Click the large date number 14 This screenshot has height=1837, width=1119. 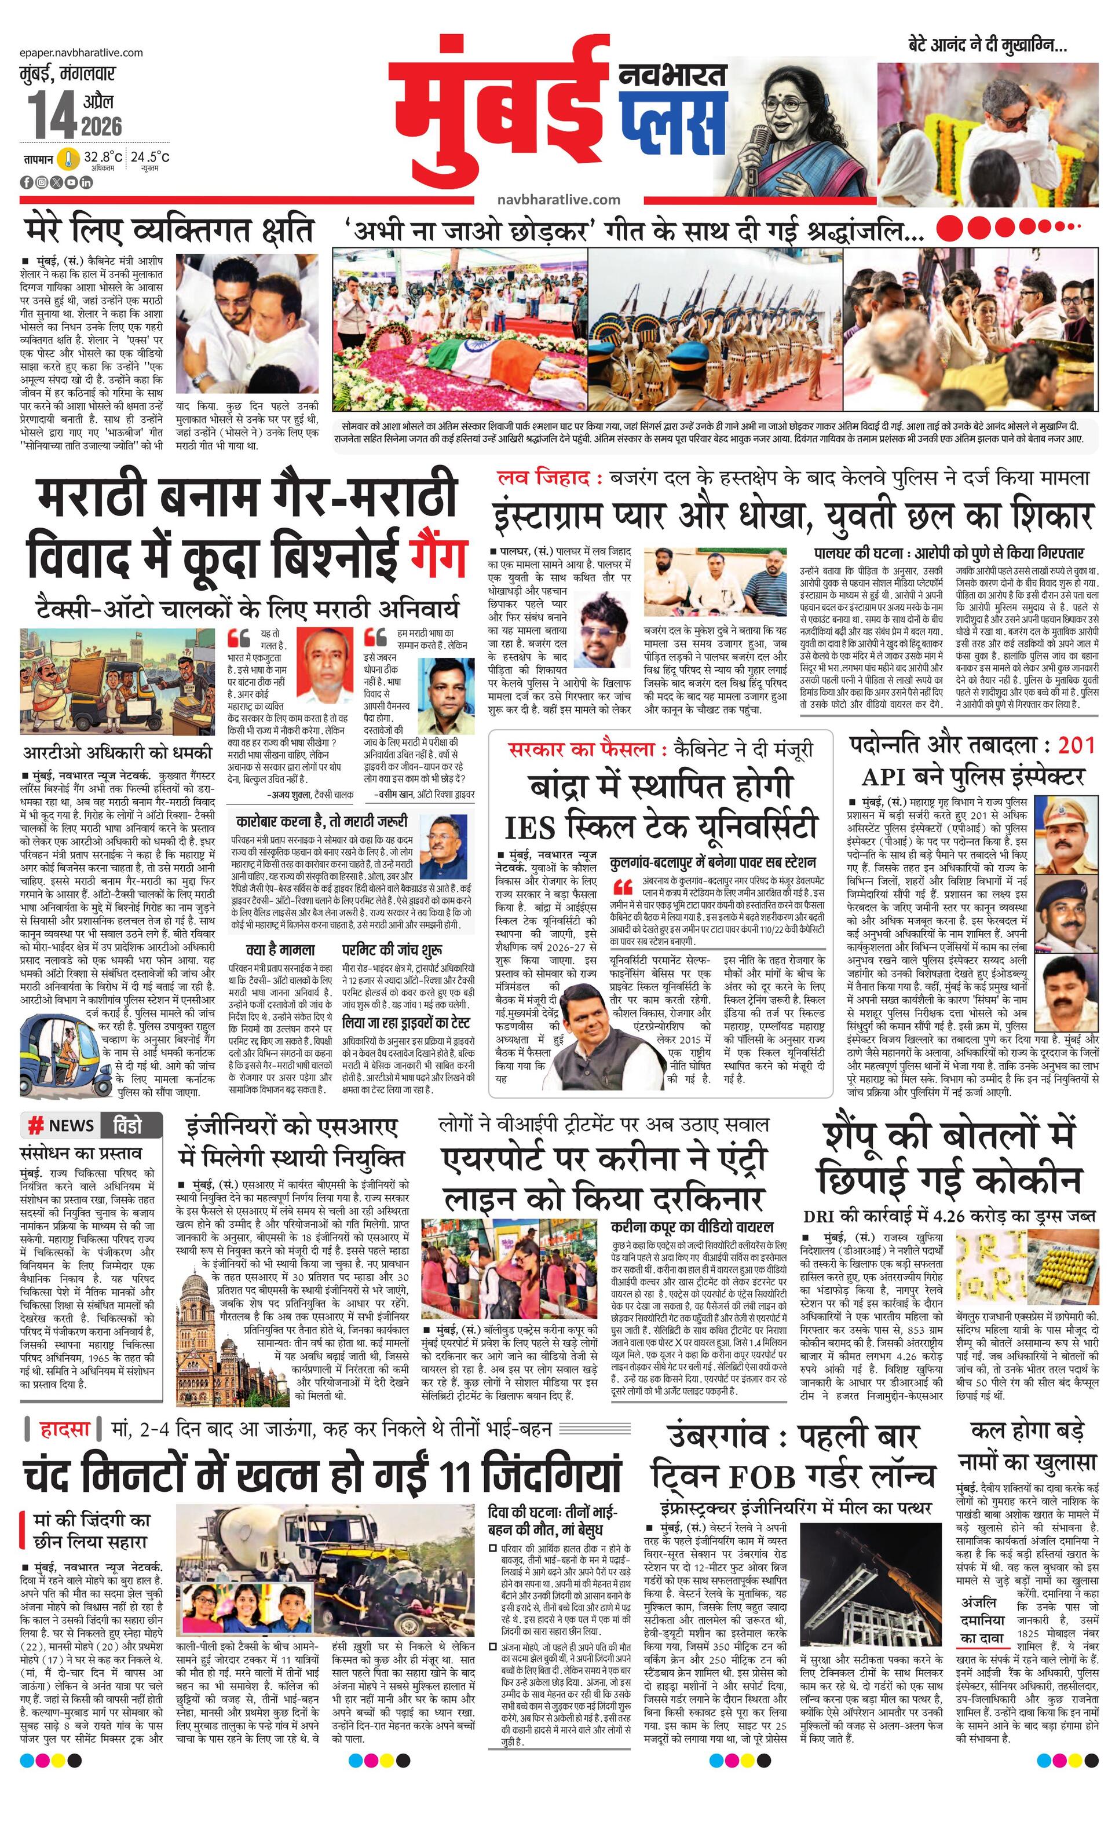pyautogui.click(x=52, y=116)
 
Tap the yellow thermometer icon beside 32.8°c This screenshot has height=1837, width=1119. pyautogui.click(x=68, y=159)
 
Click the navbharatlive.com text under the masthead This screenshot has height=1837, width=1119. pyautogui.click(x=558, y=200)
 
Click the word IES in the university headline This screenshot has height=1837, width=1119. pyautogui.click(x=531, y=827)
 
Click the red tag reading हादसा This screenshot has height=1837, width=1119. pyautogui.click(x=65, y=1429)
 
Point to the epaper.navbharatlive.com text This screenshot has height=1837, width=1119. pyautogui.click(x=81, y=52)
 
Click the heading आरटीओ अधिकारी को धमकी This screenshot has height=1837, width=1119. pyautogui.click(x=117, y=752)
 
